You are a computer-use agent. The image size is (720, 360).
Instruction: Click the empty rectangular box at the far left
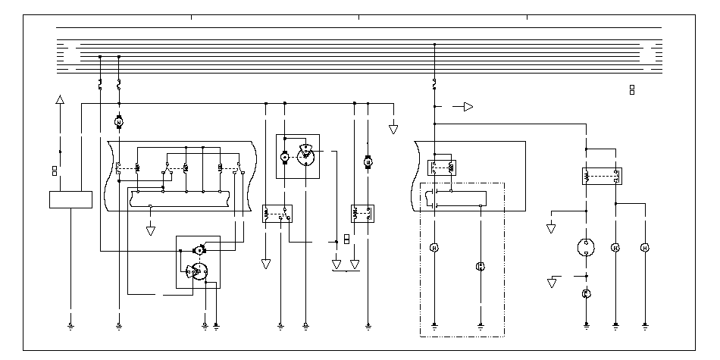[70, 200]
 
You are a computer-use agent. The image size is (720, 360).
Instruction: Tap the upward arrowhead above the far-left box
[61, 100]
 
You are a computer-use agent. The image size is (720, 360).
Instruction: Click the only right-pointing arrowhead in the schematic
[468, 107]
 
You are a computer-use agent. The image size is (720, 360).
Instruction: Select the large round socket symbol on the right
[587, 248]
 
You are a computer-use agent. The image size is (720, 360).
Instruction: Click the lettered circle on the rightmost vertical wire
[645, 248]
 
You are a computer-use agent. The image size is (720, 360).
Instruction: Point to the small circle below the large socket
[587, 293]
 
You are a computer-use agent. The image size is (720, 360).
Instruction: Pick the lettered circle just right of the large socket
[615, 248]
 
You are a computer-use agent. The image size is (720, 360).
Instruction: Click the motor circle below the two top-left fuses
[118, 121]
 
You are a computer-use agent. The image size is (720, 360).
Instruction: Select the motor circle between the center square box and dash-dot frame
[368, 162]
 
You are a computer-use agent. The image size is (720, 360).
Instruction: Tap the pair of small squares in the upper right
[632, 90]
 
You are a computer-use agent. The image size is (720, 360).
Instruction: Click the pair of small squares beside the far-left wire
[54, 171]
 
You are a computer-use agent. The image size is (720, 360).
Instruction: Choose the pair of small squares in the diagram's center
[346, 239]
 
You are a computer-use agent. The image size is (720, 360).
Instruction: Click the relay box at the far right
[601, 177]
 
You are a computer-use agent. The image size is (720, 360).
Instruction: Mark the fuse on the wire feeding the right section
[434, 81]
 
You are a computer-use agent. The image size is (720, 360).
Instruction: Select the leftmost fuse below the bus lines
[100, 83]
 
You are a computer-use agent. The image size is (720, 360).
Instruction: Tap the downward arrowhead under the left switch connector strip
[151, 230]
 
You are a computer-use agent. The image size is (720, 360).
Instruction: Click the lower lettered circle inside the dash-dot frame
[480, 266]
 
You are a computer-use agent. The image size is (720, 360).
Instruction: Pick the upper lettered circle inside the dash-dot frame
[434, 248]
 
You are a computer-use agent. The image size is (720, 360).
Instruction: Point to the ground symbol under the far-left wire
[70, 327]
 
